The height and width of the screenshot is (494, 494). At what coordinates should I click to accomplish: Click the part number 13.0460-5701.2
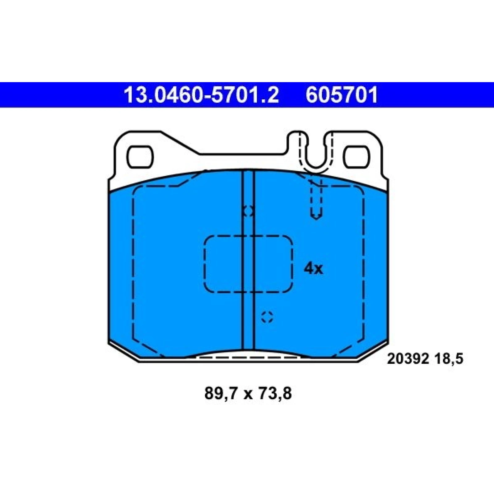(201, 95)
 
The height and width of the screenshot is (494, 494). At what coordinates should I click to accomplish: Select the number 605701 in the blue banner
(342, 95)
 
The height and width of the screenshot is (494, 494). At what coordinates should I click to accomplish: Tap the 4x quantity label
(313, 269)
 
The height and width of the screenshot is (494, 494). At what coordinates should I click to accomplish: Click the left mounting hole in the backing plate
(140, 157)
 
